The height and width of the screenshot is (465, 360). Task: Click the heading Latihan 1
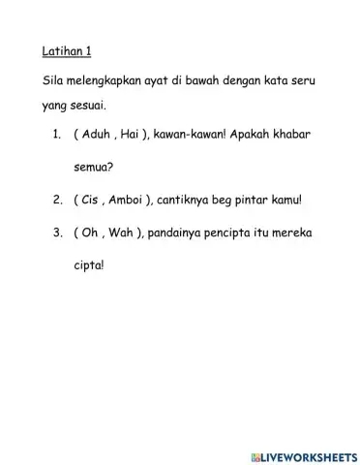[x=68, y=49]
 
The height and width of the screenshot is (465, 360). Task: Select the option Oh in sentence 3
[x=90, y=233]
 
